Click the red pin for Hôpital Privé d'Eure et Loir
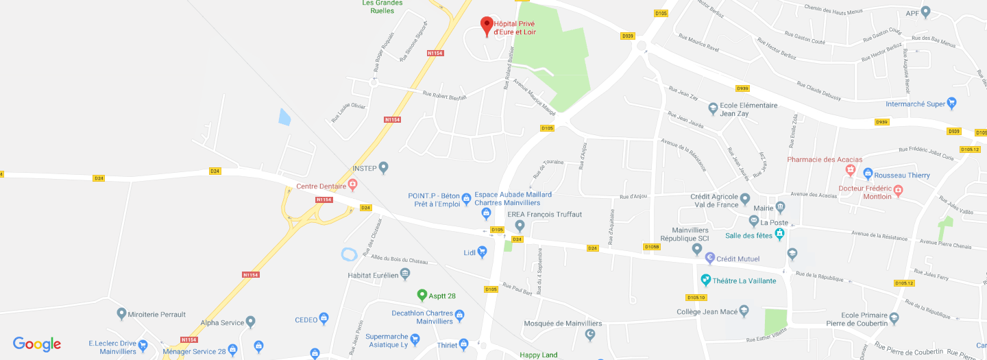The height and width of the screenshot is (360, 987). click(x=487, y=25)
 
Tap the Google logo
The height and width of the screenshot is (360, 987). click(x=37, y=344)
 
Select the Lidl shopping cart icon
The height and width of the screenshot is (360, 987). click(x=483, y=252)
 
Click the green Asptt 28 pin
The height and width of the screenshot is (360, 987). click(x=422, y=295)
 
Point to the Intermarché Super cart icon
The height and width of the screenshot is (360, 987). click(x=951, y=104)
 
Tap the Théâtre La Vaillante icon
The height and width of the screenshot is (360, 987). click(x=706, y=280)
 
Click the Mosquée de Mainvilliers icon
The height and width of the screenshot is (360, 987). click(x=591, y=335)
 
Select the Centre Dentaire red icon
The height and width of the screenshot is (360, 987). click(x=353, y=184)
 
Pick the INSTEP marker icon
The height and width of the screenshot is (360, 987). click(x=384, y=167)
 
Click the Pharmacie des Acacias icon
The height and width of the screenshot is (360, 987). click(x=851, y=169)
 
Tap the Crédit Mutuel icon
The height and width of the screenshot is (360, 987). click(x=710, y=259)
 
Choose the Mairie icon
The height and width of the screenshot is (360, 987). click(x=780, y=207)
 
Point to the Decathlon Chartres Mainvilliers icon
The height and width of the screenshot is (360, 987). click(x=459, y=315)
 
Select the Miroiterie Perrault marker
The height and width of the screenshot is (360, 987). click(x=122, y=314)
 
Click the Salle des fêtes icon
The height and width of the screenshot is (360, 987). click(x=780, y=235)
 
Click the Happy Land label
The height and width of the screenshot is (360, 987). click(x=538, y=355)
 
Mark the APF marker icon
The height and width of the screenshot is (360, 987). click(x=925, y=12)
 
